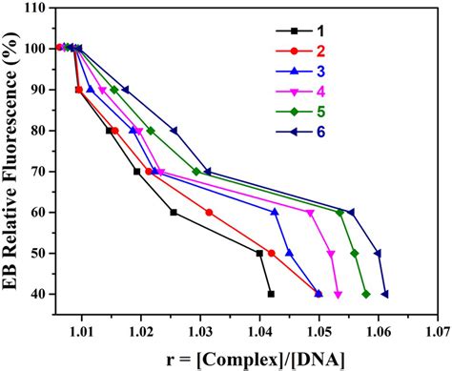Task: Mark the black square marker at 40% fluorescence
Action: (271, 294)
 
